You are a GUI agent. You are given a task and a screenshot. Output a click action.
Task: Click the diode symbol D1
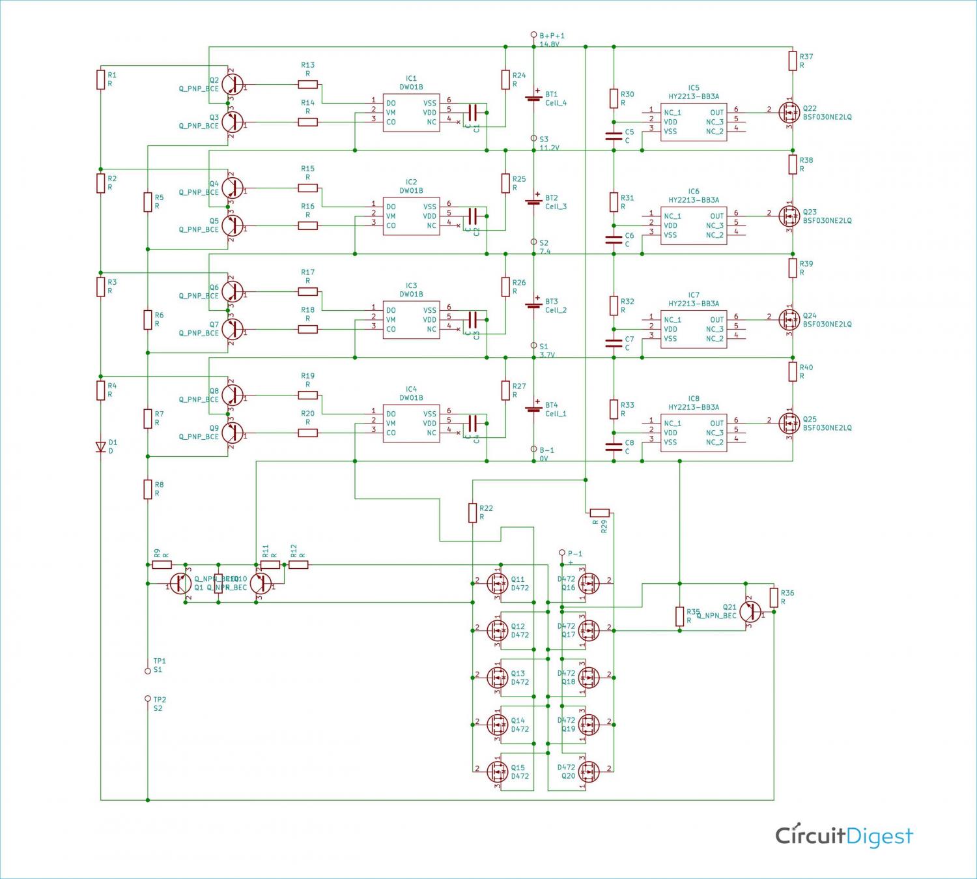101,446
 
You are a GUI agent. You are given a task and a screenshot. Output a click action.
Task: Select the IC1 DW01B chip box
411,112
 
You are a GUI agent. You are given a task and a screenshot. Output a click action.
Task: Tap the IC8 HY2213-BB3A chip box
694,432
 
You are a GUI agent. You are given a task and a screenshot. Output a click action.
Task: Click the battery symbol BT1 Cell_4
534,98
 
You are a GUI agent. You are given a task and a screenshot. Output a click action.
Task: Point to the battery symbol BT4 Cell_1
534,409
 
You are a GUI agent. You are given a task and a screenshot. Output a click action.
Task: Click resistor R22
473,513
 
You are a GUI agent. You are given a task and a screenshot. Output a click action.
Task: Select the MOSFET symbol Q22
790,112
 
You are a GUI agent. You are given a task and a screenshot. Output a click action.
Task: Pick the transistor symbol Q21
750,612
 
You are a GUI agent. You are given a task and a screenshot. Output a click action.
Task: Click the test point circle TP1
148,670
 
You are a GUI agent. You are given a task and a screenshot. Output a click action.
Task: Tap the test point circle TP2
148,699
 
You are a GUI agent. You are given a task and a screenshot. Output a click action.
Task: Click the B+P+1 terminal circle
534,35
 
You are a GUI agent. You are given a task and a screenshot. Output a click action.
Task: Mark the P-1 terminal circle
562,553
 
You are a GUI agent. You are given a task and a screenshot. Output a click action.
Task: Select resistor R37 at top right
793,61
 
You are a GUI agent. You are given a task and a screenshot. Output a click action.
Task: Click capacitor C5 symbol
614,136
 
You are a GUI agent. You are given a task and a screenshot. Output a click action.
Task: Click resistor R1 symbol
101,79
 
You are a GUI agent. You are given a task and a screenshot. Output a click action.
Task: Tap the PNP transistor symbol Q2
233,84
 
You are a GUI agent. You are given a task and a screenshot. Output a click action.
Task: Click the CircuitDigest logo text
844,835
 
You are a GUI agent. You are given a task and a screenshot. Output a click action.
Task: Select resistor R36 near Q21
774,598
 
